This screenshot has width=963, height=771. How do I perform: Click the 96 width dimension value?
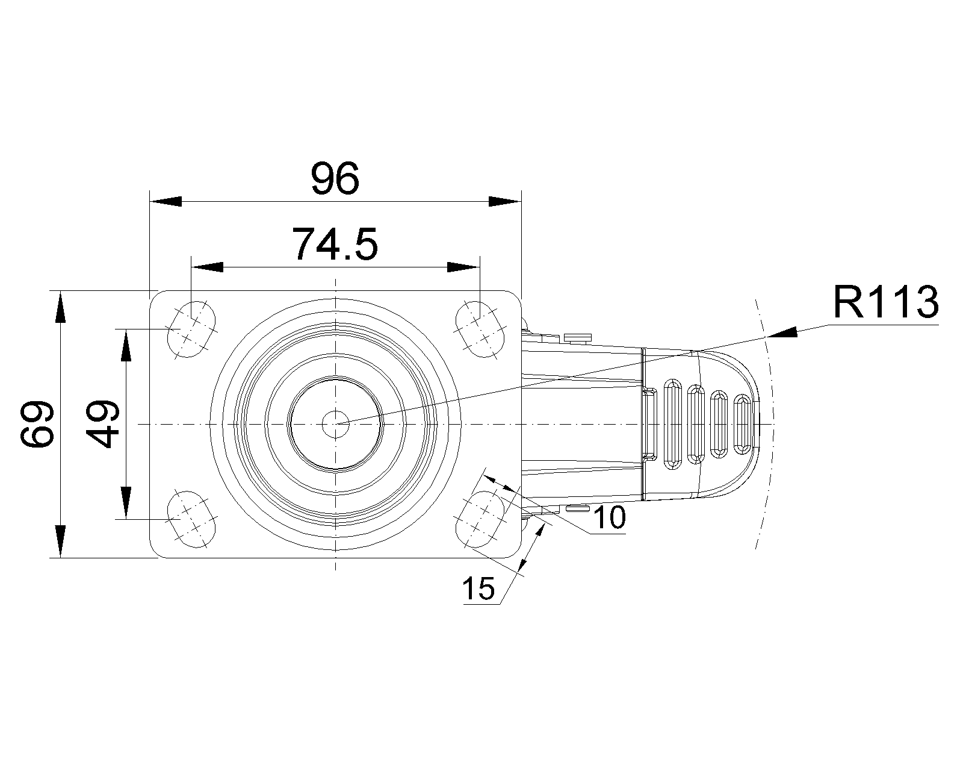pyautogui.click(x=335, y=178)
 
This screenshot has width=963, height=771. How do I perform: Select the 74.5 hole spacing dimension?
pyautogui.click(x=335, y=243)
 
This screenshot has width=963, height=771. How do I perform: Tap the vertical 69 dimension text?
pyautogui.click(x=37, y=424)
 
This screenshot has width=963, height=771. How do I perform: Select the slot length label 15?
pyautogui.click(x=478, y=588)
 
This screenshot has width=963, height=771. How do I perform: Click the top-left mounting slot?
pyautogui.click(x=191, y=329)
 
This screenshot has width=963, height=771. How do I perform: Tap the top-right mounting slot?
pyautogui.click(x=480, y=329)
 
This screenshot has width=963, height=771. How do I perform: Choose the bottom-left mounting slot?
pyautogui.click(x=191, y=519)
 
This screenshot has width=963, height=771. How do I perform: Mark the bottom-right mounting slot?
pyautogui.click(x=480, y=519)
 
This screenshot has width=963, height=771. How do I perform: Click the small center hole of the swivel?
pyautogui.click(x=335, y=424)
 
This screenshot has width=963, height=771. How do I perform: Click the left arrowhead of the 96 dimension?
pyautogui.click(x=166, y=201)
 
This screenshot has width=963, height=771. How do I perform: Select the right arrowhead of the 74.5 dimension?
pyautogui.click(x=463, y=267)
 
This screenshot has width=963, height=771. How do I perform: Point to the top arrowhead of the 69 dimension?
pyautogui.click(x=60, y=307)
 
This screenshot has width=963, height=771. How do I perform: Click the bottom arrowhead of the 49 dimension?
pyautogui.click(x=125, y=502)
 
